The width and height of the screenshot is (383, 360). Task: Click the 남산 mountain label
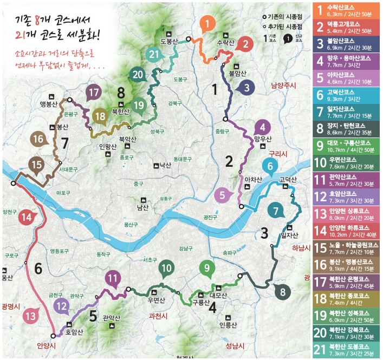pos(143,207)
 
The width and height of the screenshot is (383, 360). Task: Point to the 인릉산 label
pos(228,325)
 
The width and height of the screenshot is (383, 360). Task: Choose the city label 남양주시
pos(285,85)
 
